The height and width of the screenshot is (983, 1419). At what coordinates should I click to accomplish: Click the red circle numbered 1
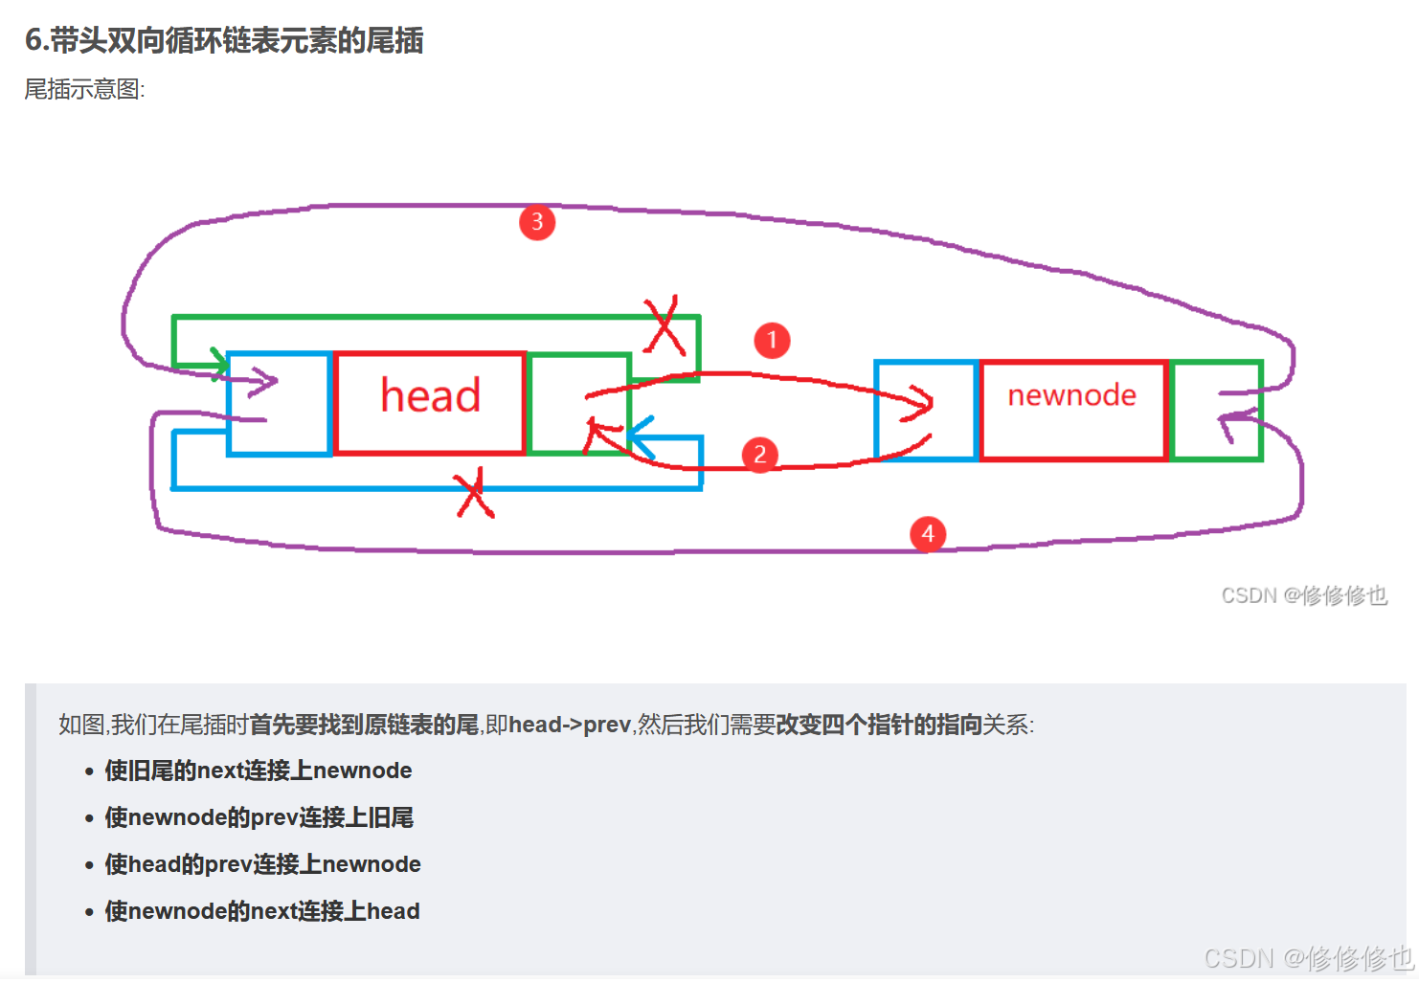(772, 340)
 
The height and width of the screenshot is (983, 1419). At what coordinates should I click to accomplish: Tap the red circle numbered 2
(760, 454)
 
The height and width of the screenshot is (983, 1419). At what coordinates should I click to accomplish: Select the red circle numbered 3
(537, 222)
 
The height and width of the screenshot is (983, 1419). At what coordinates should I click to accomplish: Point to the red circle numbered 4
(927, 534)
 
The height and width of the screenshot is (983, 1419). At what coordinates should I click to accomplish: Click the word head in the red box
(430, 395)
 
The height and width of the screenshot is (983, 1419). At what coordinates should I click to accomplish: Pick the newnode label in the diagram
(1071, 395)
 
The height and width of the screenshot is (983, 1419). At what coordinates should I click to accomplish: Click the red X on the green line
(665, 325)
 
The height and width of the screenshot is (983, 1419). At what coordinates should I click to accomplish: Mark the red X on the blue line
(474, 494)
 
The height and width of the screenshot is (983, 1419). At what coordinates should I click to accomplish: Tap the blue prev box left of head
(280, 403)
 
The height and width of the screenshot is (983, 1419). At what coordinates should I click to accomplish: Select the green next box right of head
(578, 403)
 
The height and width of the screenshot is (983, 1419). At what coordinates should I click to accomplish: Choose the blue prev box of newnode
(926, 410)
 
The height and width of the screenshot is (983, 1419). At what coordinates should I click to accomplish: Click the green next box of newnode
(1216, 410)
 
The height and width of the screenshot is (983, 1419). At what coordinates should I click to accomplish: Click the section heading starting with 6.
(224, 40)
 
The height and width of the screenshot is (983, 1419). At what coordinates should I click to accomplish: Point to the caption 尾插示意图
(84, 90)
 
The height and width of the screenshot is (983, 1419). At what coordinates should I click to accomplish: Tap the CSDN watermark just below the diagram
(1303, 595)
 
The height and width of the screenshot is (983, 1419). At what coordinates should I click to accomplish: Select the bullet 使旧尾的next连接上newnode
(259, 771)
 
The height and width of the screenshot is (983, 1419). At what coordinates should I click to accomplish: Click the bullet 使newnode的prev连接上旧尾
(259, 817)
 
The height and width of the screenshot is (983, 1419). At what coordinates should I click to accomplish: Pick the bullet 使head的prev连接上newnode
(262, 864)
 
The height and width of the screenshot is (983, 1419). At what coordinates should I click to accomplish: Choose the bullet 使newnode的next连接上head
(262, 911)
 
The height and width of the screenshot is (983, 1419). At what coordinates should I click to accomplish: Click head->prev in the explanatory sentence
(570, 725)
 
